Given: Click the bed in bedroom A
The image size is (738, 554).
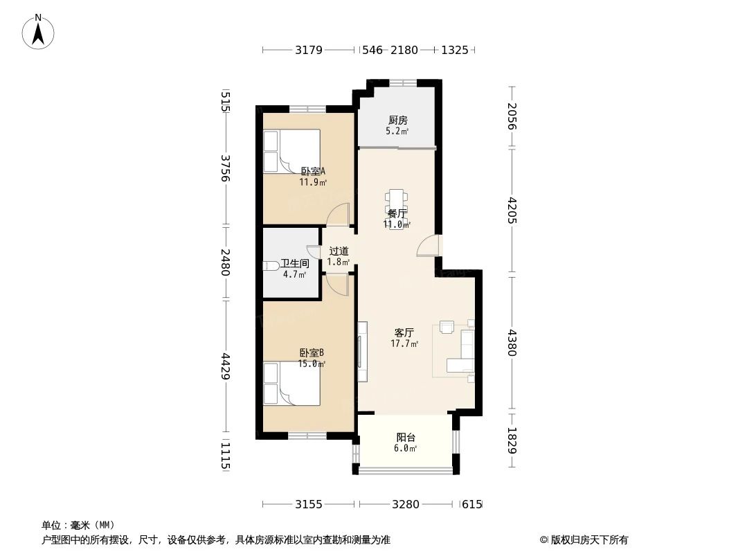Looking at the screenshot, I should [291, 152].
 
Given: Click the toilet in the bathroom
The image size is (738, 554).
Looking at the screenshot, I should [271, 265].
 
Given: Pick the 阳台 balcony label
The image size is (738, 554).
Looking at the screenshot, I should [406, 438].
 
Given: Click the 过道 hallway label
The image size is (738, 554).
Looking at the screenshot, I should [339, 251].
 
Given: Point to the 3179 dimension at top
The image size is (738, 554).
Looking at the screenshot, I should [309, 50].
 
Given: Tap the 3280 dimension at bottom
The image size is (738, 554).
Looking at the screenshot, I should [405, 504].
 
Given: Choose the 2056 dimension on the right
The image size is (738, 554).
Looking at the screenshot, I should [512, 116].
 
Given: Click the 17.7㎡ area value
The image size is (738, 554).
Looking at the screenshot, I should [404, 343].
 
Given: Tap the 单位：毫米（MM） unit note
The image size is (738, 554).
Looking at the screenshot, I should [78, 525].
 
